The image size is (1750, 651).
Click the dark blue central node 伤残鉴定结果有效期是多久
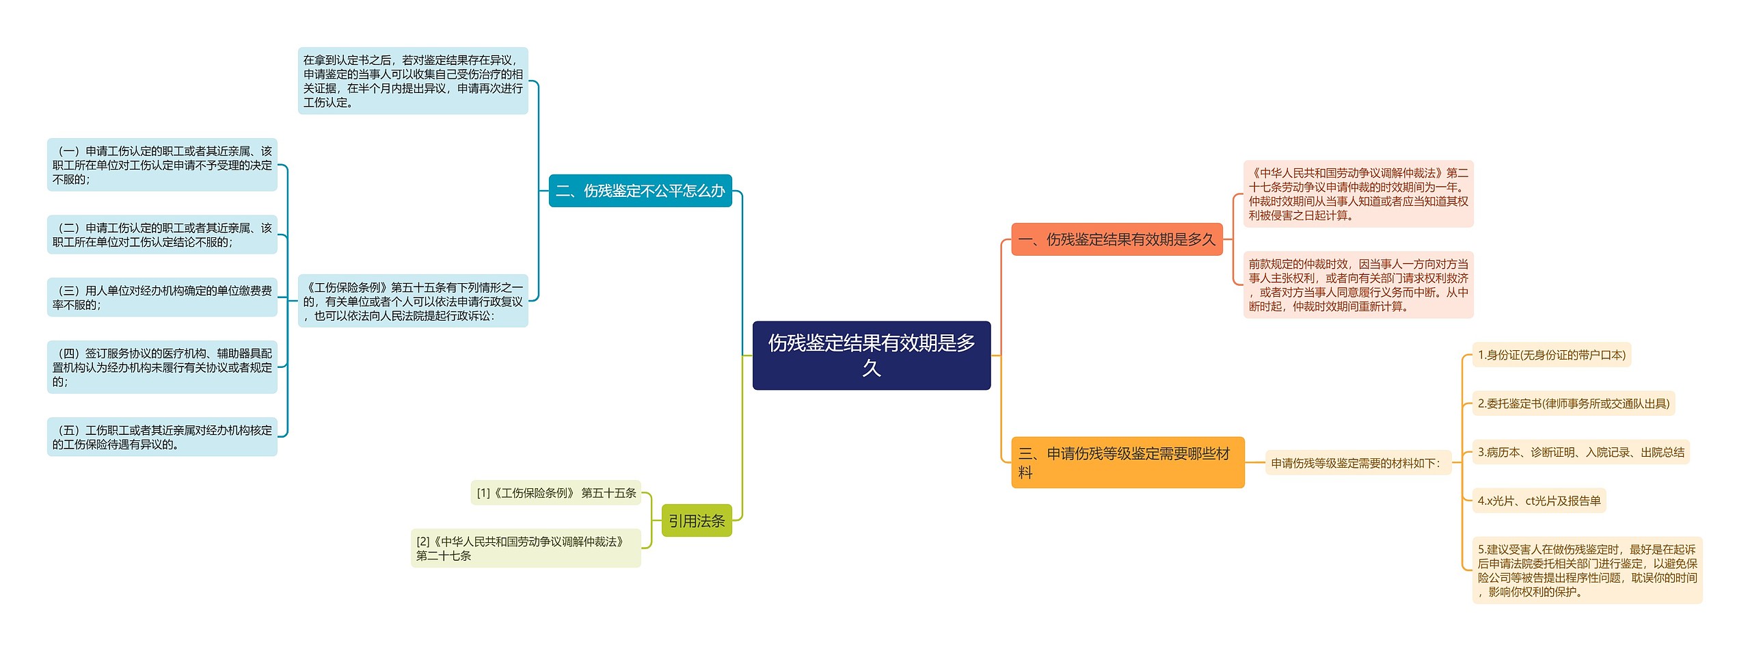click(x=871, y=355)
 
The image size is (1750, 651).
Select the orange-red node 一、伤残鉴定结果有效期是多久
click(x=1116, y=239)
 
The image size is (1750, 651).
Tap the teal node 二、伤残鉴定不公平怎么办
click(x=640, y=191)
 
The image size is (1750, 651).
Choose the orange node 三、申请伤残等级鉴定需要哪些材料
click(x=1127, y=462)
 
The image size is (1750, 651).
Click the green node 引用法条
click(x=696, y=521)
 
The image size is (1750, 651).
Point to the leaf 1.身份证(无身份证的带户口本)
click(x=1551, y=355)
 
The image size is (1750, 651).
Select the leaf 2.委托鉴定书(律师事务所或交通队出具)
click(x=1573, y=403)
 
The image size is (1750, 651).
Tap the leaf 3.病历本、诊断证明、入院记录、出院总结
click(x=1580, y=452)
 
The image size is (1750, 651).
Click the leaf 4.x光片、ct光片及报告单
click(x=1539, y=501)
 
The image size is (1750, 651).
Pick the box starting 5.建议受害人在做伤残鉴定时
click(x=1587, y=570)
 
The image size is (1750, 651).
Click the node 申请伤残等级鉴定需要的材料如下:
click(x=1357, y=463)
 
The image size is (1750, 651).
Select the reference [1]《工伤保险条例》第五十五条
click(x=556, y=493)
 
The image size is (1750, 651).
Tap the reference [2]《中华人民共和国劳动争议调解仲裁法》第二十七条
click(x=525, y=548)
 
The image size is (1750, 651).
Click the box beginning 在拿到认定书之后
click(x=413, y=81)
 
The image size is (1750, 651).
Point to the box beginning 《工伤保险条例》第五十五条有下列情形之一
click(x=413, y=301)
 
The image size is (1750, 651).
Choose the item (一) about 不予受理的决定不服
click(x=162, y=165)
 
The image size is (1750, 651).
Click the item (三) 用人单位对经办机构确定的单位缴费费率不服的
click(x=162, y=297)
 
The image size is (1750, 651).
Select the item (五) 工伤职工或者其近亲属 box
click(x=162, y=437)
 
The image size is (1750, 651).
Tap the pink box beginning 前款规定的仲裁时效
click(x=1358, y=284)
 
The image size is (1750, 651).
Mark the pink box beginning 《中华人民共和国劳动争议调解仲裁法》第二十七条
click(x=1358, y=194)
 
